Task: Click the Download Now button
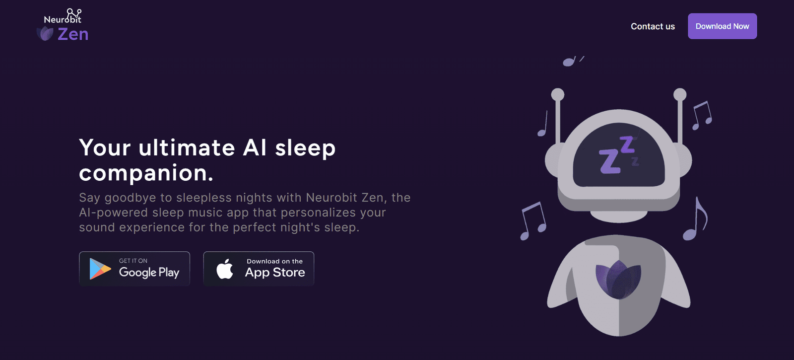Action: (x=722, y=26)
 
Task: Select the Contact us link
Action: (x=653, y=27)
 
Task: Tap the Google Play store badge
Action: (x=134, y=269)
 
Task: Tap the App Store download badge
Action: (x=259, y=269)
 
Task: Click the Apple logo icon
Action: (x=225, y=269)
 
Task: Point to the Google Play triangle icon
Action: (x=99, y=269)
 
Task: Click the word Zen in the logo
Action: (x=73, y=34)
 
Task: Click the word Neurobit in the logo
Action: (x=63, y=19)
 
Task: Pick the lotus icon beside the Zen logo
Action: (x=45, y=34)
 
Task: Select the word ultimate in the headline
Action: (x=187, y=147)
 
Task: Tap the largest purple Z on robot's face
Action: (x=609, y=161)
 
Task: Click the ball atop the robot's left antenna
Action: (x=558, y=94)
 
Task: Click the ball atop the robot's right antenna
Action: (x=680, y=94)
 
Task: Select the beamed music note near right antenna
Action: (x=702, y=116)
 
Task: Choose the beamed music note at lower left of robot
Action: (x=533, y=220)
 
